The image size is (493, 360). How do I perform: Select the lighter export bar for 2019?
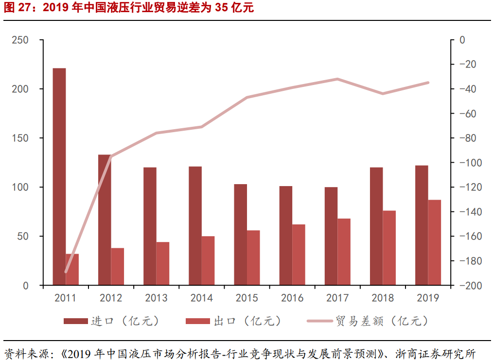pos(435,242)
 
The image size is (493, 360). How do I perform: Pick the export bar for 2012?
pos(117,267)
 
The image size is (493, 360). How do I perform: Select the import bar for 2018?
pos(376,226)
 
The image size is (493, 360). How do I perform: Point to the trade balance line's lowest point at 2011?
pos(66,272)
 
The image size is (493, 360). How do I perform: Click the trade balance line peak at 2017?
pos(337,79)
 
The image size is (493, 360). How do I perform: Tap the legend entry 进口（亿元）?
pos(112,321)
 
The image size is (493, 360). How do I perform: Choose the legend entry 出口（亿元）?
pos(234,321)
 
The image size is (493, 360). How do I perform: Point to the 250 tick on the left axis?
pos(20,40)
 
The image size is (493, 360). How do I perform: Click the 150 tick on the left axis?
pos(20,138)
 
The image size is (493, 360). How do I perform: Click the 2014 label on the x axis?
pos(201,298)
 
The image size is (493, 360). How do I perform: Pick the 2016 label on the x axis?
pos(292,298)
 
